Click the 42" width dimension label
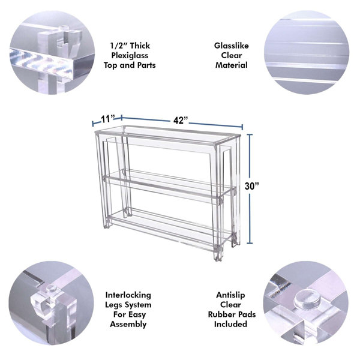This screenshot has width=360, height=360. click(x=181, y=121)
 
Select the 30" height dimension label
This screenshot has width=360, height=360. click(x=251, y=186)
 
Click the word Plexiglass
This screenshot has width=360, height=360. click(x=130, y=56)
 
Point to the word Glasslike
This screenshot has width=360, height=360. click(x=232, y=46)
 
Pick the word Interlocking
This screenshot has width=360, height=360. click(x=128, y=295)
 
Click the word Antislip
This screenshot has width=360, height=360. click(x=230, y=295)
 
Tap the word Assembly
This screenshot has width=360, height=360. click(x=128, y=324)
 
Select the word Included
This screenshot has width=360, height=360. click(x=230, y=324)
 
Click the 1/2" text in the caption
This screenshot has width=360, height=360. click(x=116, y=46)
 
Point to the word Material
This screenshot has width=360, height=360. click(x=232, y=65)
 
